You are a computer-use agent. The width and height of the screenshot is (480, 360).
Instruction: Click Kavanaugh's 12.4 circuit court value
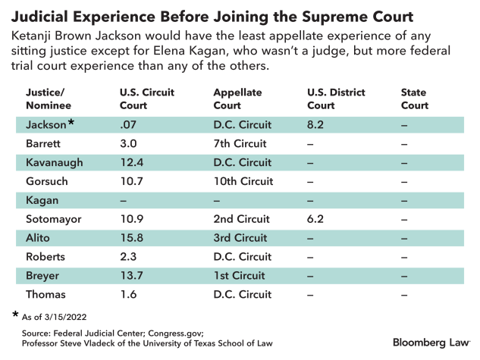tap(131, 162)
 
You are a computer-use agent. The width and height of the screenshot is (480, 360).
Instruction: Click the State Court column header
tap(414, 99)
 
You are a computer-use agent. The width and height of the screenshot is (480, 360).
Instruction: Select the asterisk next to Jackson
tap(71, 121)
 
